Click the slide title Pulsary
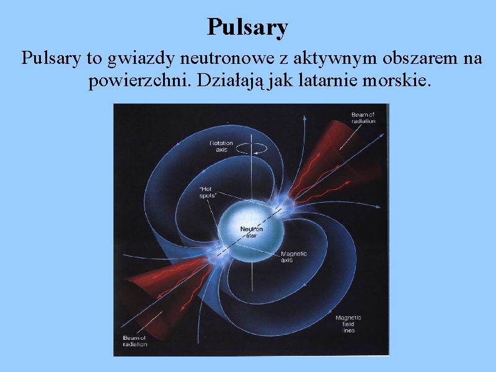point(247,28)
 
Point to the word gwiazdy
point(141,60)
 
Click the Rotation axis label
point(221,146)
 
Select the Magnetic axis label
point(293,257)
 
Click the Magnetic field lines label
point(348,324)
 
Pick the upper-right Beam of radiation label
point(363,118)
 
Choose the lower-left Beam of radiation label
point(135,341)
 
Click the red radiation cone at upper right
point(335,164)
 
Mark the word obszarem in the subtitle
point(420,58)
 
